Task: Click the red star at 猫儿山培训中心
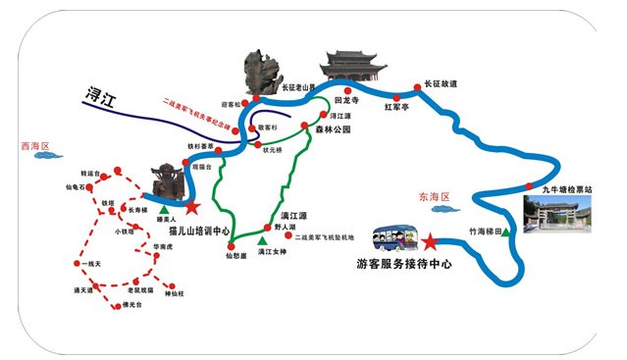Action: pyautogui.click(x=192, y=207)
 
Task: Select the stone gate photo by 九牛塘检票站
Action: pyautogui.click(x=558, y=214)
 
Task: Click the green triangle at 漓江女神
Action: pyautogui.click(x=261, y=239)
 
